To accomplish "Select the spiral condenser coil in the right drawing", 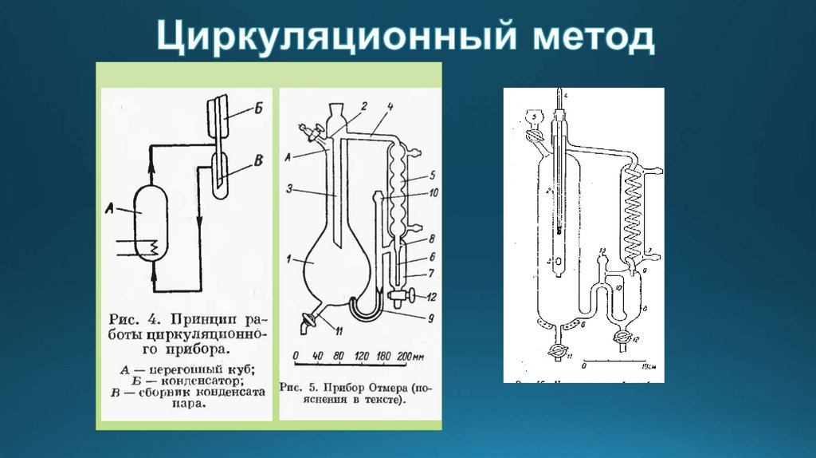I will tap(634, 211).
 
